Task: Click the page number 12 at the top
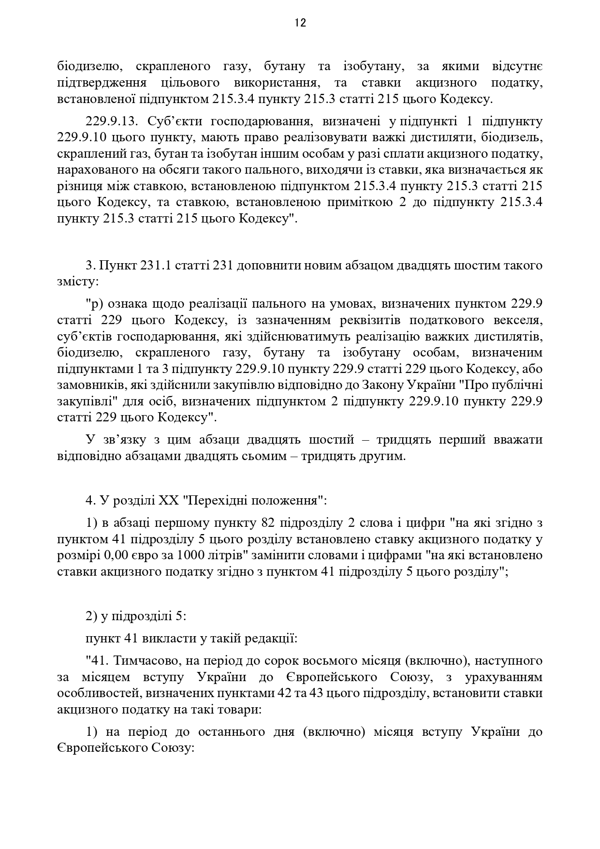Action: [300, 23]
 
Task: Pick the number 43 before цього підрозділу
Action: [317, 693]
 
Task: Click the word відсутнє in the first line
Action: [517, 66]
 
